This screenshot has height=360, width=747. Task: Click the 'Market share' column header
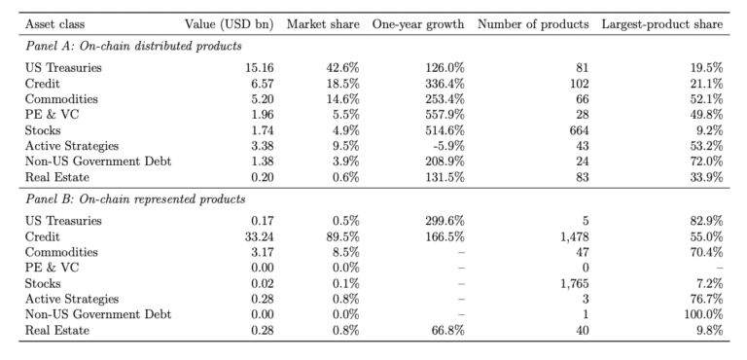click(x=323, y=24)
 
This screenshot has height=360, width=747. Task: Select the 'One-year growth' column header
click(x=418, y=24)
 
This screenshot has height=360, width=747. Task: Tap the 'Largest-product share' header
click(x=662, y=24)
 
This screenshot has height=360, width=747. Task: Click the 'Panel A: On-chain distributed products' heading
click(x=133, y=47)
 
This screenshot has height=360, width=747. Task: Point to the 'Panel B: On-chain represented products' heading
click(x=135, y=198)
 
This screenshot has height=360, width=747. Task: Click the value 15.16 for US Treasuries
click(x=260, y=68)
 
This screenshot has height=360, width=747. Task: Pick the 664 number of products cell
click(x=580, y=130)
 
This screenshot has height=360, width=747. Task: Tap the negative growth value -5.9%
click(x=448, y=146)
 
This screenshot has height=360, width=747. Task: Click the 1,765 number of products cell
click(x=575, y=284)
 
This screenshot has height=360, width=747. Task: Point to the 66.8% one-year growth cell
click(x=448, y=331)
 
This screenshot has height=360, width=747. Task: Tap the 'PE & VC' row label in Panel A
click(x=52, y=115)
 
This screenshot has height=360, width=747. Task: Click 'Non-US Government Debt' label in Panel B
click(x=98, y=314)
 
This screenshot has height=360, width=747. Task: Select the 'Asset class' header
click(x=54, y=24)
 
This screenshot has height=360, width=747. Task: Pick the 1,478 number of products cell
click(x=575, y=236)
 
